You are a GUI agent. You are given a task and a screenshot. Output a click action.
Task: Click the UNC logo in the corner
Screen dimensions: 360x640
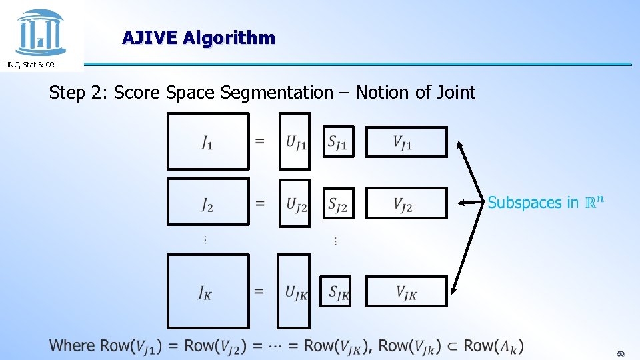tap(41, 31)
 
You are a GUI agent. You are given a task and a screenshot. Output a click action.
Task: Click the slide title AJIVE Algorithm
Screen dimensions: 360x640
tap(198, 37)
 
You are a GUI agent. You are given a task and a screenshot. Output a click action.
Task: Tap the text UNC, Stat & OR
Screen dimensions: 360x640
tap(29, 65)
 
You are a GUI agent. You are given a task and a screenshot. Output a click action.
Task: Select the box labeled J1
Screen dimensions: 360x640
tap(207, 141)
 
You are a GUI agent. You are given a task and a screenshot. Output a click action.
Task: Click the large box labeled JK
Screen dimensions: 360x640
tap(207, 292)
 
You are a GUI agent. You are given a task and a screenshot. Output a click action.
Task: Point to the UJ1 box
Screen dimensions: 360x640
tap(294, 141)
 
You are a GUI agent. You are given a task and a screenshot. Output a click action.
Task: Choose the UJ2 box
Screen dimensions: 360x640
tap(294, 203)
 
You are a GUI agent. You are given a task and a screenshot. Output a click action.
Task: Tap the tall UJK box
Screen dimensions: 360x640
tap(294, 292)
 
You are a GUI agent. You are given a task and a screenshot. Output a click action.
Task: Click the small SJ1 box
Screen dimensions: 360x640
tap(338, 141)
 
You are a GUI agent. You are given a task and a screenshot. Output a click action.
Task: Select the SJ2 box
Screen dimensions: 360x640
tap(338, 203)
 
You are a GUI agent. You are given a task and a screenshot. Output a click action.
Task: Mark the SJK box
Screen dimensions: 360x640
tap(335, 292)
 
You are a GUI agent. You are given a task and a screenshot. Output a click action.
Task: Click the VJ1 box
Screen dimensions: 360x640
tap(407, 141)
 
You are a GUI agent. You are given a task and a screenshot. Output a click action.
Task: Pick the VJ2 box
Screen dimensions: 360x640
tap(407, 203)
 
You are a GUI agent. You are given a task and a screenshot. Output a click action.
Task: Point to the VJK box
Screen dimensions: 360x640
tap(407, 292)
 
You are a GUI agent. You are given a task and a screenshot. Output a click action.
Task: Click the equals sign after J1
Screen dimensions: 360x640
tap(260, 141)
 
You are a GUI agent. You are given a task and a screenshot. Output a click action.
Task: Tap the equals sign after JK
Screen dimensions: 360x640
tap(259, 292)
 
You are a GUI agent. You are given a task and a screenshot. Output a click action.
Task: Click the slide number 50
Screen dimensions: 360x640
tap(621, 353)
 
